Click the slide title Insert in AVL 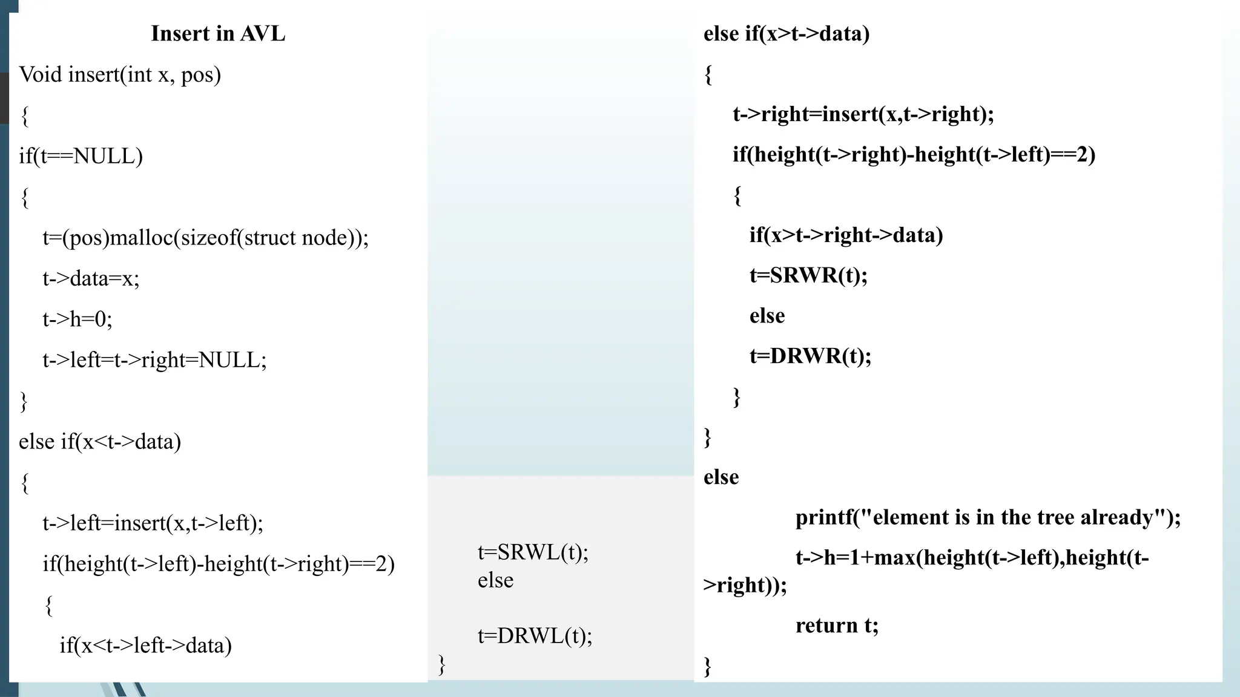pyautogui.click(x=218, y=33)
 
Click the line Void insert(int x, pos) pyautogui.click(x=120, y=74)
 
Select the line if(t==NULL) pyautogui.click(x=81, y=156)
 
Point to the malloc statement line pyautogui.click(x=205, y=237)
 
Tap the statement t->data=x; pyautogui.click(x=91, y=278)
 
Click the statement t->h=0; pyautogui.click(x=77, y=319)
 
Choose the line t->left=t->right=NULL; pyautogui.click(x=154, y=360)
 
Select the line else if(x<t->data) pyautogui.click(x=100, y=442)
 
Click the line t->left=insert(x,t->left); pyautogui.click(x=153, y=523)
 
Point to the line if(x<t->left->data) pyautogui.click(x=145, y=646)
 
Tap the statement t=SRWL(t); pyautogui.click(x=533, y=552)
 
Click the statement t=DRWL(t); pyautogui.click(x=535, y=636)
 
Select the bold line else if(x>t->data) pyautogui.click(x=787, y=34)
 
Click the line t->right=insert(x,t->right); pyautogui.click(x=863, y=114)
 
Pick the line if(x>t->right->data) pyautogui.click(x=846, y=235)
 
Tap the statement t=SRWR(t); pyautogui.click(x=808, y=275)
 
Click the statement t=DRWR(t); pyautogui.click(x=810, y=356)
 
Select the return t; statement pyautogui.click(x=837, y=625)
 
